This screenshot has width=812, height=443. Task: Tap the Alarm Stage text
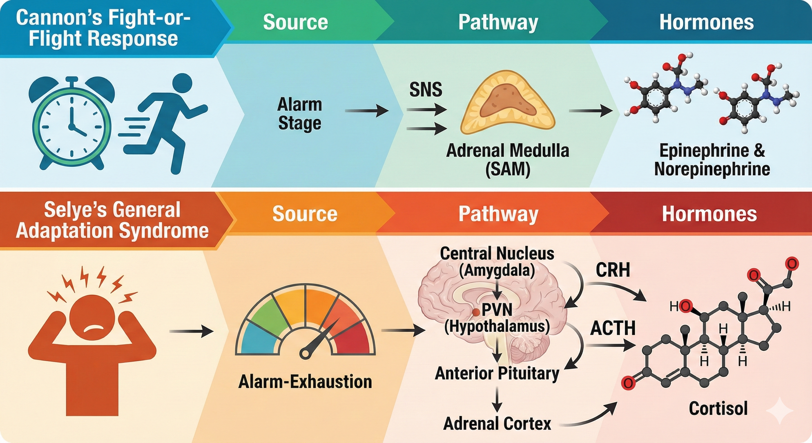coord(300,114)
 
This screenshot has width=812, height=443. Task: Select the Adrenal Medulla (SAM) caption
coord(507,160)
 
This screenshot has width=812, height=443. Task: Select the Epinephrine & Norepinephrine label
coord(712,160)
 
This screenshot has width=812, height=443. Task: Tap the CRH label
coord(612,270)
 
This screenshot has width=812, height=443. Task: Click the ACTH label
coord(612,328)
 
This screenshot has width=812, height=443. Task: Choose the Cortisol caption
coord(718,408)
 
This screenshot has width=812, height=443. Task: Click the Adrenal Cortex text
coord(497,423)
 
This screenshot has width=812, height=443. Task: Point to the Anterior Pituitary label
coord(497,373)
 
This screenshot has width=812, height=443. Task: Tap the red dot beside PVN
coord(476,312)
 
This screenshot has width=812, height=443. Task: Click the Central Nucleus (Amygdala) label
coord(497,262)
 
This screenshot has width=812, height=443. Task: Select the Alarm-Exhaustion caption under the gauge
coord(305,382)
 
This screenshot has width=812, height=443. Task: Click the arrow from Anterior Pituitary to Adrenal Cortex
coord(497,399)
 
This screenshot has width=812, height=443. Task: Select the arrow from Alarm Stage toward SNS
coord(366,111)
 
